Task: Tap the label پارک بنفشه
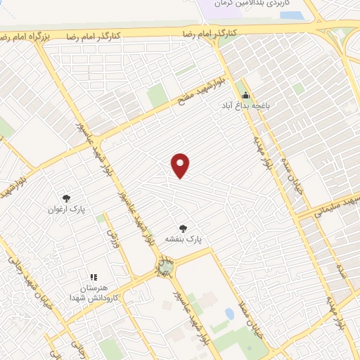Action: pyautogui.click(x=183, y=239)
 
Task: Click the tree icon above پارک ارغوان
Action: pyautogui.click(x=66, y=199)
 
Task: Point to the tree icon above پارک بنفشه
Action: pyautogui.click(x=183, y=228)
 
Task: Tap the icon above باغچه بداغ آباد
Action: pyautogui.click(x=245, y=96)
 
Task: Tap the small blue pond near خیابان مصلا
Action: pyautogui.click(x=229, y=313)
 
